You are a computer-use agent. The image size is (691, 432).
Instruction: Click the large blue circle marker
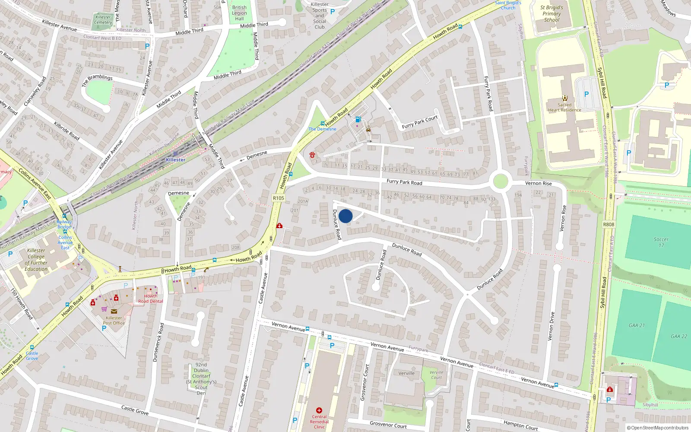pyautogui.click(x=345, y=216)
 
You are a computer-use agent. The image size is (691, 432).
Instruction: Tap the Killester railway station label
pyautogui.click(x=175, y=160)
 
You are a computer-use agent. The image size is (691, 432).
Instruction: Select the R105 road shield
pyautogui.click(x=279, y=198)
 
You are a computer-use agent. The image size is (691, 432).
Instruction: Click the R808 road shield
pyautogui.click(x=609, y=224)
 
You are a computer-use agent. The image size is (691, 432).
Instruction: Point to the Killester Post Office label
pyautogui.click(x=114, y=320)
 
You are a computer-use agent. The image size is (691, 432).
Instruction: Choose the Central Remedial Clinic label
pyautogui.click(x=319, y=422)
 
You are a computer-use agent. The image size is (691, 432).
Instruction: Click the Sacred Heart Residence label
pyautogui.click(x=564, y=107)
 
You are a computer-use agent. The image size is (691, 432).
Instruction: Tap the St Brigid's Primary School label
pyautogui.click(x=552, y=13)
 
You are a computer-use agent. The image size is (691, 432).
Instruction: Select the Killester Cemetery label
pyautogui.click(x=103, y=20)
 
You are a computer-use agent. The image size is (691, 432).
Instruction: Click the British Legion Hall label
pyautogui.click(x=239, y=13)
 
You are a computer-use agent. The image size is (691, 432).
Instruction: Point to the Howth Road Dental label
pyautogui.click(x=151, y=299)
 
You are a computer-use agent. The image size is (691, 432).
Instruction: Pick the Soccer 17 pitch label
pyautogui.click(x=661, y=242)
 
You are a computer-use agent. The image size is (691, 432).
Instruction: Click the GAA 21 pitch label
pyautogui.click(x=637, y=325)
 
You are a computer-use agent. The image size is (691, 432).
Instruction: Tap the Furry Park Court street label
pyautogui.click(x=419, y=122)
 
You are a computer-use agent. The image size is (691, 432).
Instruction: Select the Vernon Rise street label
pyautogui.click(x=538, y=183)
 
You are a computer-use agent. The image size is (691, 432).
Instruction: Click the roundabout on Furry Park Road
pyautogui.click(x=500, y=181)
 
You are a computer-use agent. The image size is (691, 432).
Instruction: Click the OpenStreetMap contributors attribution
pyautogui.click(x=657, y=428)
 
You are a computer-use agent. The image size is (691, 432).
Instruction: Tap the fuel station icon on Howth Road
pyautogui.click(x=358, y=119)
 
